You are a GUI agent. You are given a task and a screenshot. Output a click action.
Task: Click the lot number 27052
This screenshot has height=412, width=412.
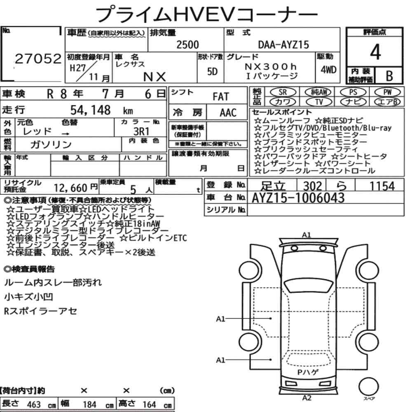click(38, 59)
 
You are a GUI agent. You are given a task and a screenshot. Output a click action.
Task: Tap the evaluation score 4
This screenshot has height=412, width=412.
click(375, 52)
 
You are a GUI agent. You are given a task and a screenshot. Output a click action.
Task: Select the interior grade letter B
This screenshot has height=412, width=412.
click(389, 76)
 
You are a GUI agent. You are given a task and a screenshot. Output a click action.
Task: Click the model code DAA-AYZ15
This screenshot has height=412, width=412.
click(283, 44)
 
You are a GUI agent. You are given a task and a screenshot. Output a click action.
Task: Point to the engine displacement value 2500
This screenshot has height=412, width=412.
click(187, 44)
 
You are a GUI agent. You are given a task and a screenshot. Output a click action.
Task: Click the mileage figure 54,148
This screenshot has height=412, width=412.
click(90, 110)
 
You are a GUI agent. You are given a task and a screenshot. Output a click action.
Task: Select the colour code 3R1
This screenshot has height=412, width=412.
click(141, 131)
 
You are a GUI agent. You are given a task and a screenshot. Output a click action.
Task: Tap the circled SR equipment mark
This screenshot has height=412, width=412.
click(283, 92)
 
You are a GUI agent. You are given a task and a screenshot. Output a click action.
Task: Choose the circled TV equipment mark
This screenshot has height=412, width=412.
click(319, 102)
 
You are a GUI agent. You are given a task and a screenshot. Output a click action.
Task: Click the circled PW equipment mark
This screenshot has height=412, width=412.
click(387, 92)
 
